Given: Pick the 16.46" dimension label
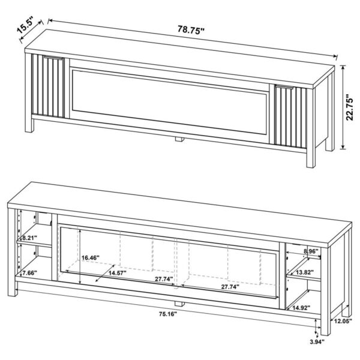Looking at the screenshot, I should [x=91, y=257].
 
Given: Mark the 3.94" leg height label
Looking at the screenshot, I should [x=316, y=342].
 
